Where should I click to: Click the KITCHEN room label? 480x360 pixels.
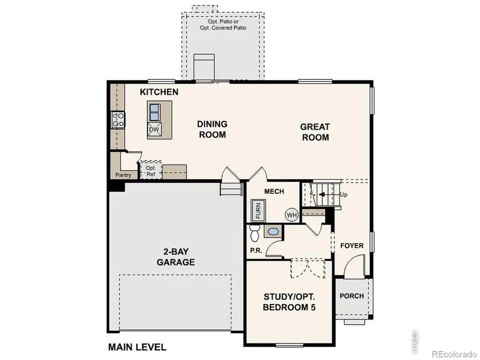pyautogui.click(x=159, y=92)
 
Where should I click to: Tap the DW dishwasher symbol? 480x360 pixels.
pyautogui.click(x=154, y=129)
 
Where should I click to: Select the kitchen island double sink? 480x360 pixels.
pyautogui.click(x=154, y=111)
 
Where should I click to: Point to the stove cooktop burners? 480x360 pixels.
pyautogui.click(x=117, y=119)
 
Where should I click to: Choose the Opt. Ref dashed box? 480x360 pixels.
pyautogui.click(x=150, y=171)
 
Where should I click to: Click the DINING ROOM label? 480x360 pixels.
pyautogui.click(x=212, y=129)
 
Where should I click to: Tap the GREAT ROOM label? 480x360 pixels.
pyautogui.click(x=315, y=132)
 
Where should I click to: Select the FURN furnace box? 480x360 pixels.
pyautogui.click(x=258, y=210)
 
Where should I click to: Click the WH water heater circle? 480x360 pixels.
pyautogui.click(x=291, y=215)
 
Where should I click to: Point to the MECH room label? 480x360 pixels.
pyautogui.click(x=274, y=192)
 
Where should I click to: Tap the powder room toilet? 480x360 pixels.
pyautogui.click(x=254, y=233)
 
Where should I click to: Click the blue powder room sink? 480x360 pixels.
pyautogui.click(x=273, y=232)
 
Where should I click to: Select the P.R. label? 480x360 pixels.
pyautogui.click(x=255, y=250)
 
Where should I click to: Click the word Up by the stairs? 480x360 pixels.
pyautogui.click(x=343, y=195)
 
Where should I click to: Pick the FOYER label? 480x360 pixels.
pyautogui.click(x=352, y=246)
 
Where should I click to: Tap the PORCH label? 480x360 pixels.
pyautogui.click(x=352, y=296)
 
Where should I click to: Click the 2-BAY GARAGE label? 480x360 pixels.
pyautogui.click(x=175, y=257)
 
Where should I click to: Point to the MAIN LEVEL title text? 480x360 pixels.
pyautogui.click(x=137, y=347)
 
